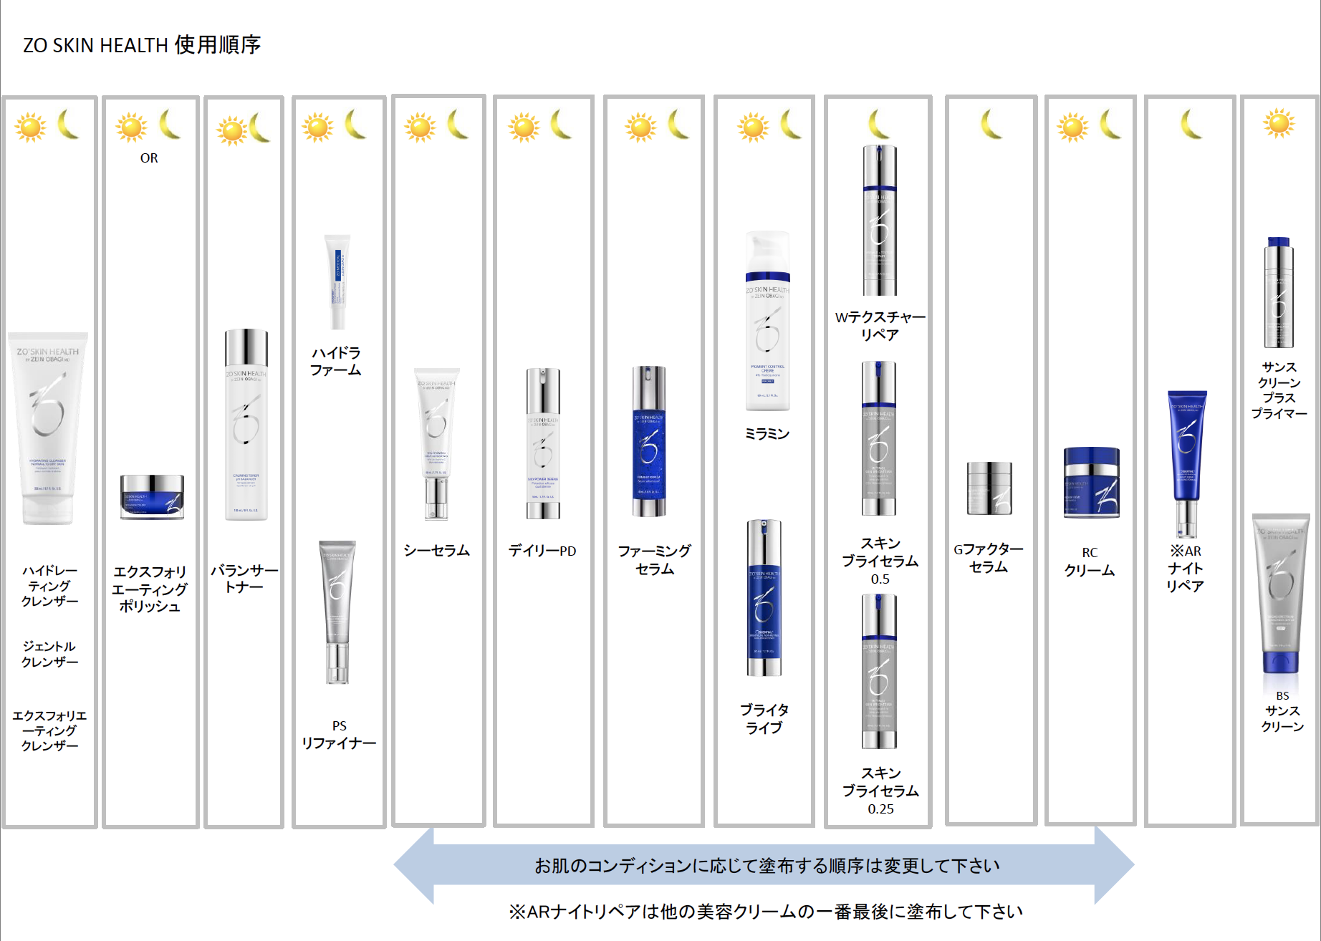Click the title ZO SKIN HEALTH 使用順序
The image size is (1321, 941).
tap(142, 45)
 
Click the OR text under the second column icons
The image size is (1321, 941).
tap(149, 158)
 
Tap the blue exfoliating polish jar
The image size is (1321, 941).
tap(152, 496)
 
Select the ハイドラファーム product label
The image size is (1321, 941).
tap(335, 362)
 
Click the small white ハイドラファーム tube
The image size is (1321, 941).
tap(337, 281)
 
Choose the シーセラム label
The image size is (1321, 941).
tap(436, 551)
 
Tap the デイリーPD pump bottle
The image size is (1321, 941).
tap(543, 444)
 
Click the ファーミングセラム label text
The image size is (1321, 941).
tap(655, 560)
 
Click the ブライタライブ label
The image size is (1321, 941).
tap(764, 719)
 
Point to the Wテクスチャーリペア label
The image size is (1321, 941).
tap(880, 326)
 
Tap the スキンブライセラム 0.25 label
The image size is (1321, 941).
tap(880, 791)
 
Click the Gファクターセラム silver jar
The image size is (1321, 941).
tap(989, 488)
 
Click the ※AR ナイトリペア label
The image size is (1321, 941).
tap(1186, 569)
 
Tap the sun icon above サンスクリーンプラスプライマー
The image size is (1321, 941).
tap(1279, 123)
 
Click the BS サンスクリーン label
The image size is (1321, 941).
tap(1282, 711)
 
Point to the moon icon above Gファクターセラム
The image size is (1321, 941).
tap(991, 125)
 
